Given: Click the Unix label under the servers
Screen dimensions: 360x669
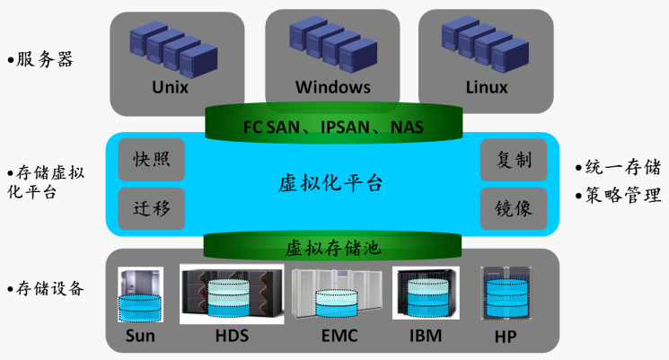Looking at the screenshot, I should pyautogui.click(x=171, y=88).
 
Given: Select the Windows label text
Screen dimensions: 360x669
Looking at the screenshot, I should pyautogui.click(x=332, y=88).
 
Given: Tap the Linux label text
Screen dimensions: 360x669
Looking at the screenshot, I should pyautogui.click(x=487, y=88).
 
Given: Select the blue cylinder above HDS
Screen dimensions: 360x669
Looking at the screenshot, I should pyautogui.click(x=231, y=297).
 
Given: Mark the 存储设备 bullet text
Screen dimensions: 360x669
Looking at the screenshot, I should pyautogui.click(x=50, y=288).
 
